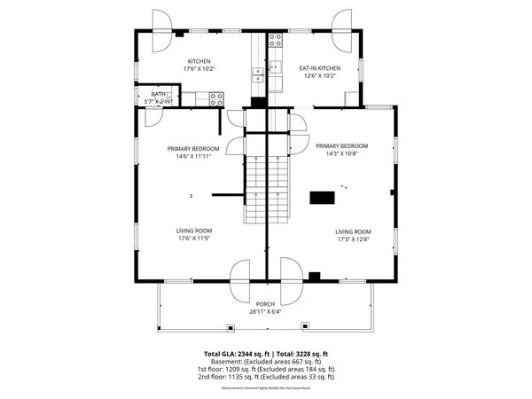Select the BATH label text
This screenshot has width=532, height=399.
coord(158,94)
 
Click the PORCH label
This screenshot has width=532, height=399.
coord(266,304)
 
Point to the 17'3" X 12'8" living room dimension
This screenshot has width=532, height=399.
coord(354,239)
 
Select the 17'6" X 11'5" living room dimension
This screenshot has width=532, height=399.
coord(192,239)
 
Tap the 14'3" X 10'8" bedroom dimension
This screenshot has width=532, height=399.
coord(341,153)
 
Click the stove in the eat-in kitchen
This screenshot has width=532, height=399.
coord(276,39)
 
